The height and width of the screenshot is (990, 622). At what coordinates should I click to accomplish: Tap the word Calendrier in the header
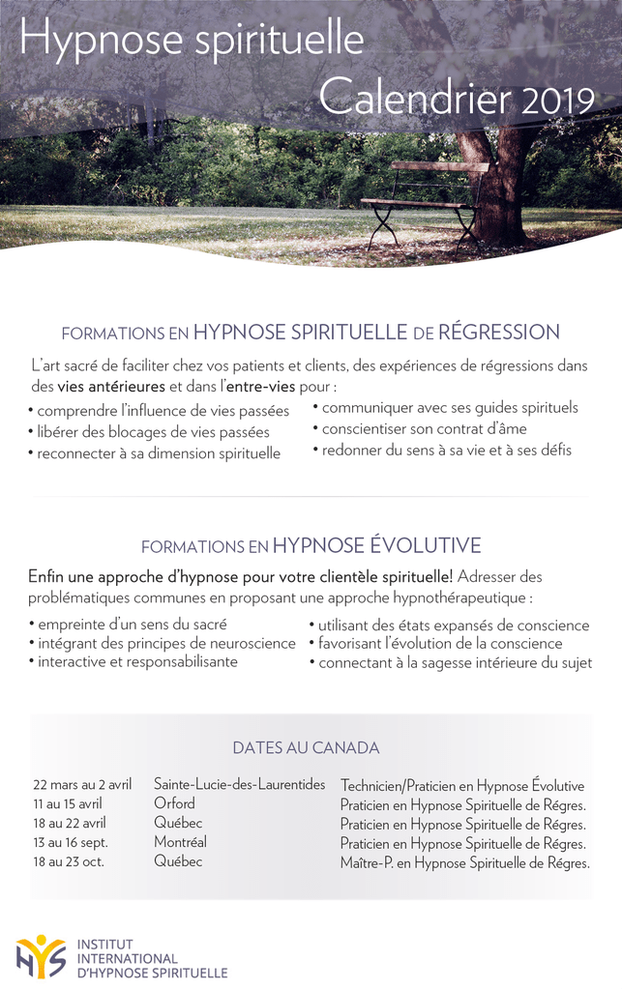tap(417, 98)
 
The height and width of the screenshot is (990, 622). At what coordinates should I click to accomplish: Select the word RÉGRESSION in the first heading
tap(499, 333)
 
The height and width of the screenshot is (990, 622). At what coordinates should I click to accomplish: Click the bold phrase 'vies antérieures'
tap(111, 386)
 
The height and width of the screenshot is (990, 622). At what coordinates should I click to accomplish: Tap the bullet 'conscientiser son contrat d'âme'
tap(424, 428)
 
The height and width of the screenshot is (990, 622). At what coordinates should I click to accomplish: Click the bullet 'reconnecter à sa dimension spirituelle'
tap(158, 452)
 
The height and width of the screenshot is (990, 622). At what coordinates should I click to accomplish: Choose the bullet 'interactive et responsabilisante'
tap(137, 662)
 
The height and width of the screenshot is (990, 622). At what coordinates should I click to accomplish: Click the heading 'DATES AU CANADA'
tap(306, 747)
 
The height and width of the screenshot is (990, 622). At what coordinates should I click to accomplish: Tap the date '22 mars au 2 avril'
tap(82, 785)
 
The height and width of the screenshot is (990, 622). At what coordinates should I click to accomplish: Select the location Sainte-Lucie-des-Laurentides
tap(240, 784)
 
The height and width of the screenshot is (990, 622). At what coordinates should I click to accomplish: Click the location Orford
tap(174, 803)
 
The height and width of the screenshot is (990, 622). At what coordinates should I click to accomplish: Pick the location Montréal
tap(180, 842)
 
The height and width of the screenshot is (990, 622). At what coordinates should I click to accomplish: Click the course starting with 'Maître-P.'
tap(464, 862)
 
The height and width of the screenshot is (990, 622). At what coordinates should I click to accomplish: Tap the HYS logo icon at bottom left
tap(41, 956)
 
